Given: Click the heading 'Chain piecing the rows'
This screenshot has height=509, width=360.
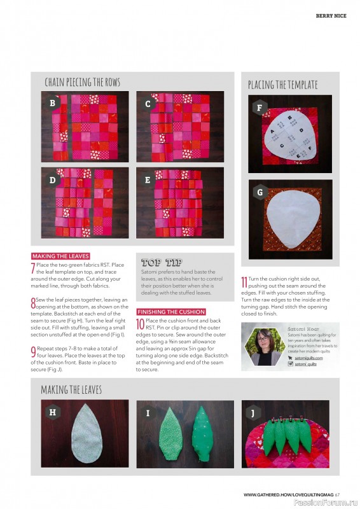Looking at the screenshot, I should tap(82, 82).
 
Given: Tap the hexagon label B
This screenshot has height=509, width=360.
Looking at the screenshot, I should tap(53, 102).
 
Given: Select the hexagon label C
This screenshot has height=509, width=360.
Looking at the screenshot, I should tap(148, 103).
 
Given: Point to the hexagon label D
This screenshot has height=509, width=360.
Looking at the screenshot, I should tap(53, 179).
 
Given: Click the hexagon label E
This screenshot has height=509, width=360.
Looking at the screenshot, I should tap(148, 179).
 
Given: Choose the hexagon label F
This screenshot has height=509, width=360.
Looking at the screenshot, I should tap(259, 108).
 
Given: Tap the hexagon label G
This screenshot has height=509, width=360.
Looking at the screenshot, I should tap(259, 192).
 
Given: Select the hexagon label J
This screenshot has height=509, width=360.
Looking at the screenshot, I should tap(253, 412).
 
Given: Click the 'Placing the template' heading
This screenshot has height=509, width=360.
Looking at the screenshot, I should tap(282, 85).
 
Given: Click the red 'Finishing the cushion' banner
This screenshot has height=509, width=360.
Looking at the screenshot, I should tap(171, 312).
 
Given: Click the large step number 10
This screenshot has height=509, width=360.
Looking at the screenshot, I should tap(141, 324).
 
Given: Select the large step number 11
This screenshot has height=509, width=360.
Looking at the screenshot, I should tap(244, 281).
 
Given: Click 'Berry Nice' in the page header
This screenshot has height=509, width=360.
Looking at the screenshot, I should tap(331, 16).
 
